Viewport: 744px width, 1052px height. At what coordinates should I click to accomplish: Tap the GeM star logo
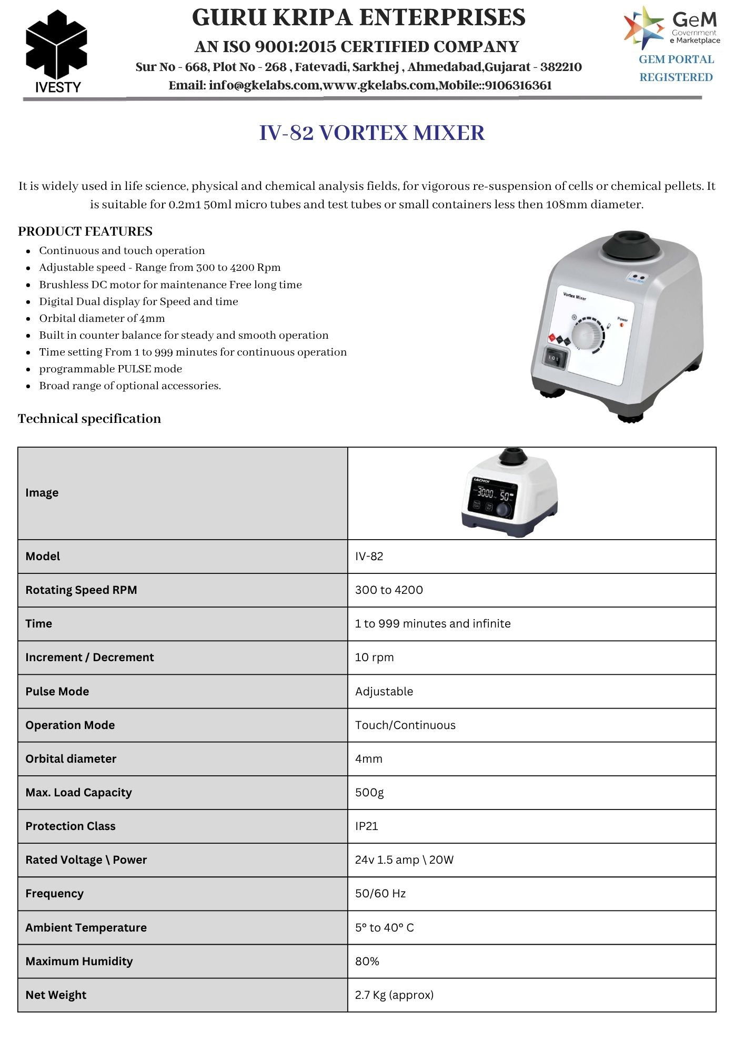(643, 27)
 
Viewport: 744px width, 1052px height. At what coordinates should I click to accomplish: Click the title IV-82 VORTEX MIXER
(371, 133)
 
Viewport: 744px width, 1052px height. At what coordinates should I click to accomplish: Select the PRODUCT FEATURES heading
(85, 231)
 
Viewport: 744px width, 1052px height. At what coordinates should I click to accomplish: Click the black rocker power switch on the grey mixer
(555, 358)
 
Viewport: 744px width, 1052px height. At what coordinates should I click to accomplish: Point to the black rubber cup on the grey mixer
(628, 245)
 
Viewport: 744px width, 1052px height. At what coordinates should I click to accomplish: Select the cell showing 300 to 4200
(389, 590)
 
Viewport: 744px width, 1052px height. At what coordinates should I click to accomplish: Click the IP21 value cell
(367, 826)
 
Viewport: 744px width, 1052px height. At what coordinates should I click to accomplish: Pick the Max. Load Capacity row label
(78, 793)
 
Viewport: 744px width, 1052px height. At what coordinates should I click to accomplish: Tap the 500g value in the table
(369, 793)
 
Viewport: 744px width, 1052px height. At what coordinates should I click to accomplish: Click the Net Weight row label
(56, 995)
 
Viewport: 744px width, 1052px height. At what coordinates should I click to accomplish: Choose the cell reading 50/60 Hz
(380, 894)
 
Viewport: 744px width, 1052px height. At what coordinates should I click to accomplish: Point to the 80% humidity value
(367, 962)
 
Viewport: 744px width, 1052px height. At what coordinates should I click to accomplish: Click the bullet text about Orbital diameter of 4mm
(102, 318)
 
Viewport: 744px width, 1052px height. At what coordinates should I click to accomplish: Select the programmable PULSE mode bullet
(110, 369)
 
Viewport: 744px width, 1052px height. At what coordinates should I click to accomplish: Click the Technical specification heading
(89, 419)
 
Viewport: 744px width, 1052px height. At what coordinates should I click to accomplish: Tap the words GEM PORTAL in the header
(676, 59)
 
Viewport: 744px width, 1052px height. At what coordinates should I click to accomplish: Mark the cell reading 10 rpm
(374, 657)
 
